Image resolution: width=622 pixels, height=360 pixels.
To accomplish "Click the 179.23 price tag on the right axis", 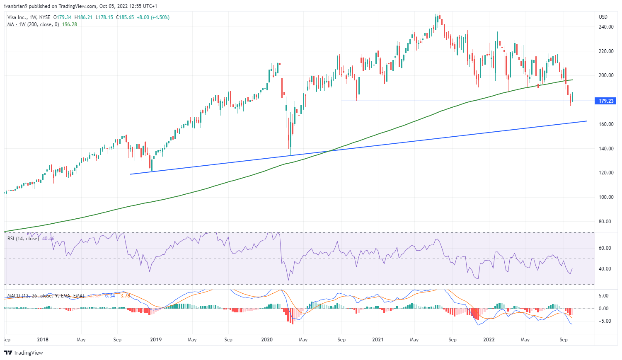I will [x=606, y=101].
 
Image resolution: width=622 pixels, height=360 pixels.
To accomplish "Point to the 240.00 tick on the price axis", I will [x=606, y=27].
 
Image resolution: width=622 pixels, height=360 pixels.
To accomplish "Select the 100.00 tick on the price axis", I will [x=606, y=197].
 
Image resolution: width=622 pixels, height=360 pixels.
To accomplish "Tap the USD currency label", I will [x=603, y=17].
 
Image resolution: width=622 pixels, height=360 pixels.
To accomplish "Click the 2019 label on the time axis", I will [x=156, y=340].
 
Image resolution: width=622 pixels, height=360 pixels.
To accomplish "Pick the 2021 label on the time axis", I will [x=378, y=340].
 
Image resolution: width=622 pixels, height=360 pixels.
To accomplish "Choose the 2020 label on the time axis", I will [x=267, y=340].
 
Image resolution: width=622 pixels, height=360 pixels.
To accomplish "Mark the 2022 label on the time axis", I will [x=489, y=340].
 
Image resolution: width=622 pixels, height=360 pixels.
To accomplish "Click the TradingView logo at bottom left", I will [x=24, y=353].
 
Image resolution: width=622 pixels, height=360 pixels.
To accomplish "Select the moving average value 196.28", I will [x=70, y=24].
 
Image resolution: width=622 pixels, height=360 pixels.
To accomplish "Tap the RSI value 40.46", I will [x=48, y=239].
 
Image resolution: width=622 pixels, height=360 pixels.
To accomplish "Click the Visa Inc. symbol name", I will [x=18, y=17].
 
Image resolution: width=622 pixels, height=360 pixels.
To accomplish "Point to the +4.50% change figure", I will [x=160, y=17].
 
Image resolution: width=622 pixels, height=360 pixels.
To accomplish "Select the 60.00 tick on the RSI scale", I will [x=605, y=248].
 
